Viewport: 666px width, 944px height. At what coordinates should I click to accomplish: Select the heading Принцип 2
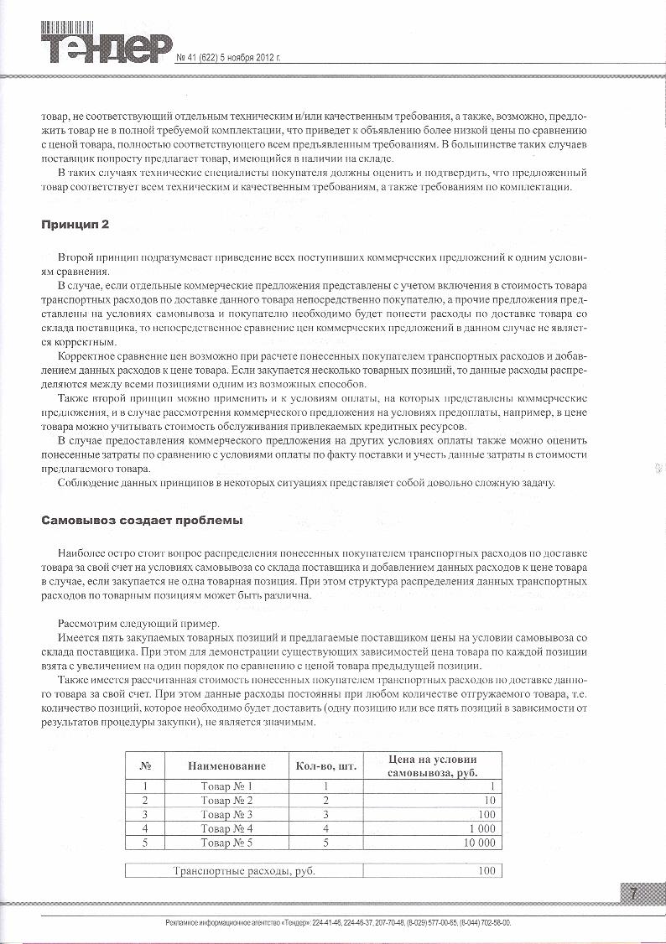coord(75,226)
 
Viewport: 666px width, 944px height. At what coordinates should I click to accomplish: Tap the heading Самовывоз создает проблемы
coord(143,521)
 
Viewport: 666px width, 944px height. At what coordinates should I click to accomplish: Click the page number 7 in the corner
coord(634,895)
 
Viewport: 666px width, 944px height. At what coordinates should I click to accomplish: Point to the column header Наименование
coord(226,765)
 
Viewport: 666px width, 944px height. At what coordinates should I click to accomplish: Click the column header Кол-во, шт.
coord(325,765)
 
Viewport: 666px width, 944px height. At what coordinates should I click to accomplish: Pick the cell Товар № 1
coord(226,786)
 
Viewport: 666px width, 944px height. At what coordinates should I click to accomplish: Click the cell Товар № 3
coord(226,814)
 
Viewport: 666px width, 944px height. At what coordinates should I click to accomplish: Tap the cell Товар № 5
coord(226,843)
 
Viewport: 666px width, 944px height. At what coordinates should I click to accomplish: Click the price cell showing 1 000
coord(478,828)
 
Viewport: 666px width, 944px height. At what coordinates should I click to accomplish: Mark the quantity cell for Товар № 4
coord(325,828)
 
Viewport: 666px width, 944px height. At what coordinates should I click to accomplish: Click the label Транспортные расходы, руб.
coord(243,871)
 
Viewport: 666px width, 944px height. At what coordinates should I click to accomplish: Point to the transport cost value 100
coord(486,871)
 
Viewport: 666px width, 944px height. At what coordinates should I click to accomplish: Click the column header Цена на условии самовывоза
coord(432,765)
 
